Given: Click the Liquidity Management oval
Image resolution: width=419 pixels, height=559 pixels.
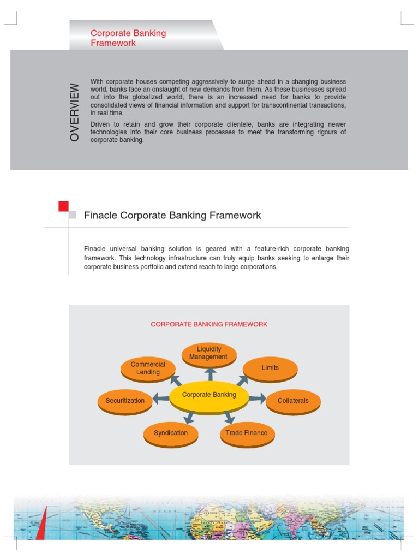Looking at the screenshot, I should click(208, 354).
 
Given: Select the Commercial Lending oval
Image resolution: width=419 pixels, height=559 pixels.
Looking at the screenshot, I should click(148, 368).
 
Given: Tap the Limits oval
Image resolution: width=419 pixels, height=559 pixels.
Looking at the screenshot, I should click(270, 368).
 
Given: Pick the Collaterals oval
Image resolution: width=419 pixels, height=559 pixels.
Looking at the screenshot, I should click(293, 401).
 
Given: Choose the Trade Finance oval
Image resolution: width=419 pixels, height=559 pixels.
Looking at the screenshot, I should click(247, 433).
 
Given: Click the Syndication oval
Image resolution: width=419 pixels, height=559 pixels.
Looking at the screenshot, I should click(171, 433).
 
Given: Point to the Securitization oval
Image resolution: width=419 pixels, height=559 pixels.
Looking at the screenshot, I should click(125, 401).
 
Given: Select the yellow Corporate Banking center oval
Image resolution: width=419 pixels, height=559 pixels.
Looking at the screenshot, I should click(209, 395).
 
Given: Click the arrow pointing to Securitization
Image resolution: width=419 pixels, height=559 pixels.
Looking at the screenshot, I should click(161, 399).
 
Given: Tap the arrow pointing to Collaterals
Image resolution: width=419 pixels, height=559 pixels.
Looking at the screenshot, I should click(257, 399).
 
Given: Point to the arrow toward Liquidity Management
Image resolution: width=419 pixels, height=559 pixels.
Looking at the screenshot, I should click(209, 374).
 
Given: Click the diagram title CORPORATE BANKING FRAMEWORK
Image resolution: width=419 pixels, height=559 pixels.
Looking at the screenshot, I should click(209, 324).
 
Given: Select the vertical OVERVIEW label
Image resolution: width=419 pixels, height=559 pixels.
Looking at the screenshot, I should click(75, 112).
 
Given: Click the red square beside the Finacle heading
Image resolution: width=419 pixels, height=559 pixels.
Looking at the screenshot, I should click(63, 206).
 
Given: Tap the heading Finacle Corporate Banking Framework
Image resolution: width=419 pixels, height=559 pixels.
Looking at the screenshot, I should click(172, 216).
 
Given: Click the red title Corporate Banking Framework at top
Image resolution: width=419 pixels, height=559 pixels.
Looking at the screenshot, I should click(128, 38).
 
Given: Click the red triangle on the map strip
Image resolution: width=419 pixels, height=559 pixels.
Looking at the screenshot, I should click(41, 524).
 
